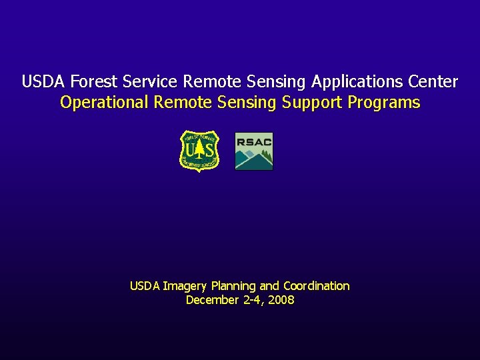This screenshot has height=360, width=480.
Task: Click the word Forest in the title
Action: click(92, 82)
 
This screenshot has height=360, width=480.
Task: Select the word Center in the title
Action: click(433, 82)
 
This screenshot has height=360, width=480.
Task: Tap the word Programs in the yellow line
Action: click(384, 103)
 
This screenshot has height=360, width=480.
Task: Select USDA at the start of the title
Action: click(44, 82)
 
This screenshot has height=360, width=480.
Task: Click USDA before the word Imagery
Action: click(145, 286)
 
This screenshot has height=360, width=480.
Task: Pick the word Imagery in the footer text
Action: click(185, 286)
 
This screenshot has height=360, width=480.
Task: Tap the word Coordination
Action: click(316, 286)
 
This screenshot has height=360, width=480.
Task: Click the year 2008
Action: click(281, 300)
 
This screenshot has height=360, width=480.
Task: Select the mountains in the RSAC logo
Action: click(254, 159)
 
